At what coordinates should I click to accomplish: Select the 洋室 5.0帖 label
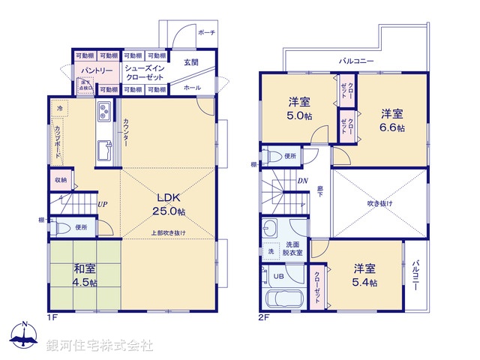pos(300,109)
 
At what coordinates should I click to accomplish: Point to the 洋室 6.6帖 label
pos(391,121)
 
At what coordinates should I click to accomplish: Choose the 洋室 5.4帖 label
pos(364,275)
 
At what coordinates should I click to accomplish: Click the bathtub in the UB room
pos(281,298)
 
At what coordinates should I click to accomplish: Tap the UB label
pos(278,276)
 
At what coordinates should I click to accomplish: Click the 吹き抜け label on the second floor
pos(379,203)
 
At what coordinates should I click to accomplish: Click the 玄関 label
pos(191,62)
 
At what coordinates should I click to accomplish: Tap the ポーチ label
pos(206,33)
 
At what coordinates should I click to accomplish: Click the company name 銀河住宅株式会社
pos(100,346)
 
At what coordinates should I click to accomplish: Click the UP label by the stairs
pos(100,203)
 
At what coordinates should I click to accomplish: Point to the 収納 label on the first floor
pos(60,180)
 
